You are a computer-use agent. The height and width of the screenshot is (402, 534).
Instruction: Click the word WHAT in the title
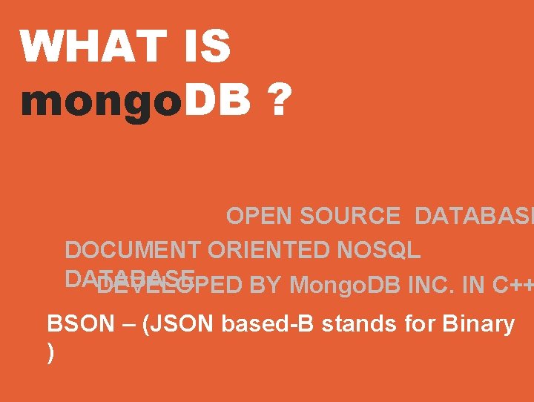click(92, 46)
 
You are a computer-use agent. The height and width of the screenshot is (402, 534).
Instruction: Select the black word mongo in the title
click(101, 100)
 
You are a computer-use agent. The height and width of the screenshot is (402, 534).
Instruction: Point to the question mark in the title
click(278, 99)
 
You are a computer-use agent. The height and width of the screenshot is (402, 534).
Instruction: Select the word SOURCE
click(351, 216)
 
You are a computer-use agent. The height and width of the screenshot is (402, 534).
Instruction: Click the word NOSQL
click(378, 250)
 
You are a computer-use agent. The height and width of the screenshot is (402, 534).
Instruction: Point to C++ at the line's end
click(512, 285)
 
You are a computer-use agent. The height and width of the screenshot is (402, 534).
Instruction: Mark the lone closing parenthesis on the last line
click(50, 353)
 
